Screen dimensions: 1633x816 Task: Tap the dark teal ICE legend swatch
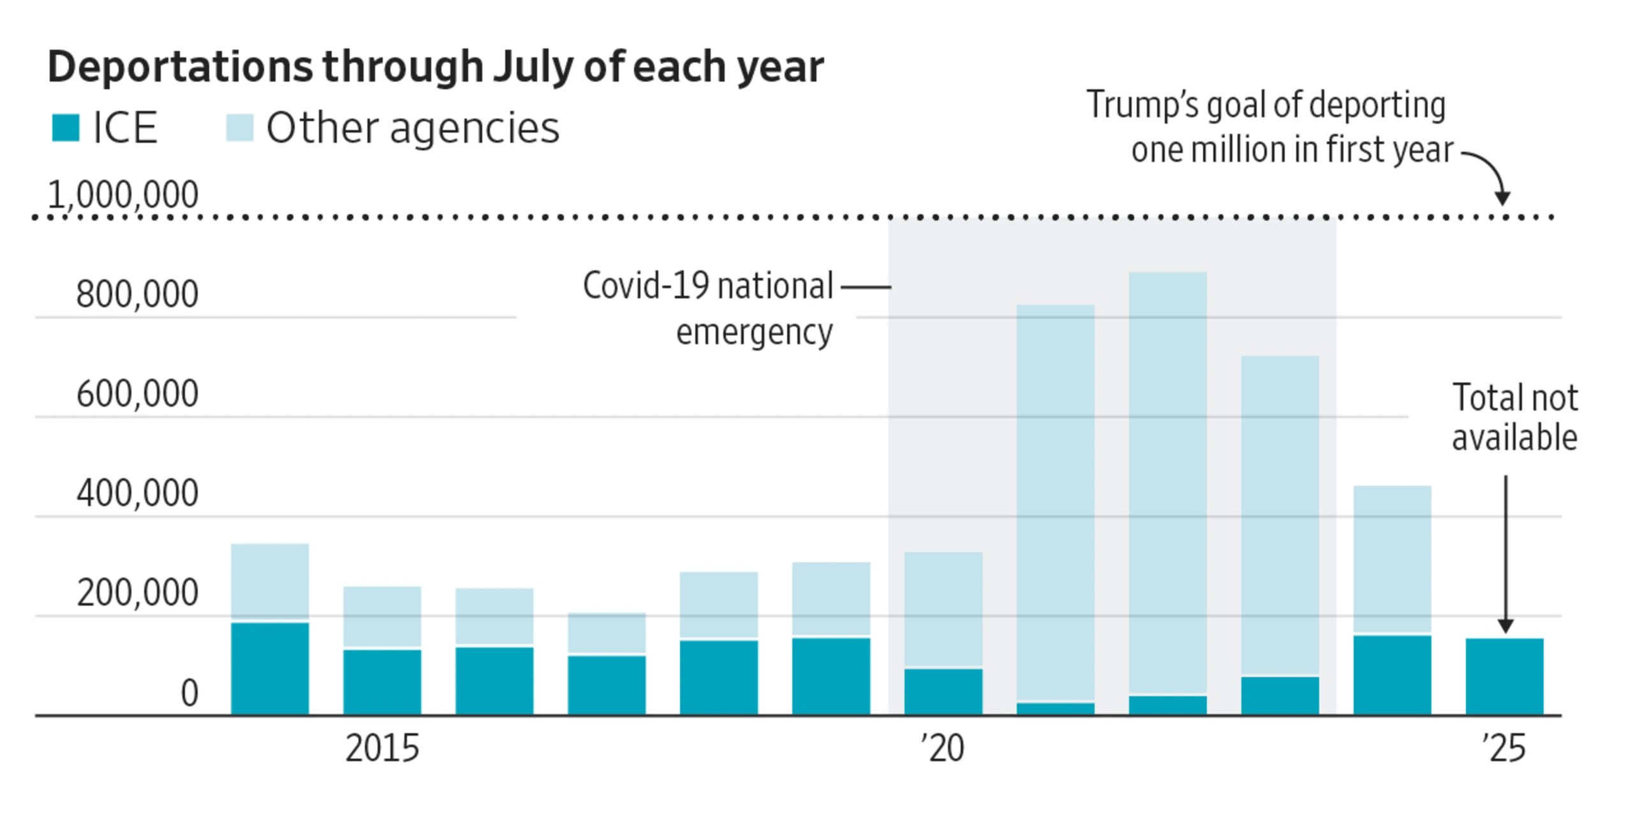tap(66, 127)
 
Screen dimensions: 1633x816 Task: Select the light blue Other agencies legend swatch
tap(240, 127)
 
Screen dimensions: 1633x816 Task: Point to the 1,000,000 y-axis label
tap(123, 194)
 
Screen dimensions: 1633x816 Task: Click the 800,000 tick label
tap(137, 295)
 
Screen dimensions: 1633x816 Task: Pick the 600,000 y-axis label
tap(137, 394)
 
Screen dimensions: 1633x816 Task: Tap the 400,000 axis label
tap(137, 493)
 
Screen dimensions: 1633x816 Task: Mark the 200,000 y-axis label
tap(137, 593)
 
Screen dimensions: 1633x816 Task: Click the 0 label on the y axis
tap(189, 693)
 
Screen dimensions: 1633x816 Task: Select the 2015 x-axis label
tap(382, 748)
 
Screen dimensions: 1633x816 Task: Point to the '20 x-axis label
tap(942, 748)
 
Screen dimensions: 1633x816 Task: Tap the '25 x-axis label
tap(1504, 748)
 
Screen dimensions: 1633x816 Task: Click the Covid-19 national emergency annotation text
tap(708, 309)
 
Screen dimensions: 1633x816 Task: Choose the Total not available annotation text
tap(1515, 418)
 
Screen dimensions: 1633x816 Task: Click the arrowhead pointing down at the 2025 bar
tap(1505, 626)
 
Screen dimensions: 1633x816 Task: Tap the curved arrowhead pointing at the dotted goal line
tap(1502, 198)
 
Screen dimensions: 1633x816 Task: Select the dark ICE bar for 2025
tap(1504, 676)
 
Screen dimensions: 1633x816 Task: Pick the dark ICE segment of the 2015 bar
tap(382, 682)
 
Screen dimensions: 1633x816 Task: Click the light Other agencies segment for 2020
tap(943, 609)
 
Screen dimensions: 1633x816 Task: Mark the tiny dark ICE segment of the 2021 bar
tap(1055, 709)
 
